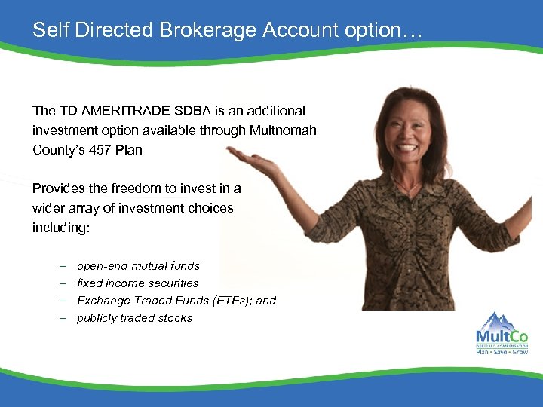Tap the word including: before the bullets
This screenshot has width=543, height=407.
point(61,228)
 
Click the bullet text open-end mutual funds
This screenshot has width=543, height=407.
point(138,266)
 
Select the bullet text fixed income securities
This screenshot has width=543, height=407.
point(137,283)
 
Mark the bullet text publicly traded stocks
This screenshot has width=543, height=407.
point(134,318)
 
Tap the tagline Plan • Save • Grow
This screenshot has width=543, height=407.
point(502,351)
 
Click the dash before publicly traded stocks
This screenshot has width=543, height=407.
point(61,318)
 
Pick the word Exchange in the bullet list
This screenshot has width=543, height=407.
point(103,301)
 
